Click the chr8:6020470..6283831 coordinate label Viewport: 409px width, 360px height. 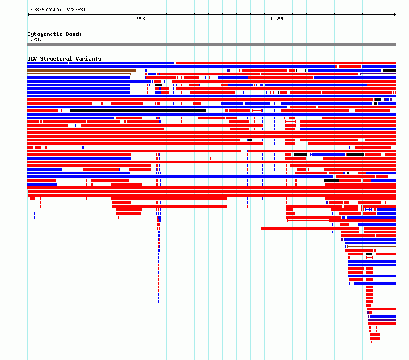[57, 10]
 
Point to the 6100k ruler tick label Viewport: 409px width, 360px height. [138, 18]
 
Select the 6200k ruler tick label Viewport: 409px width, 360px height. [278, 18]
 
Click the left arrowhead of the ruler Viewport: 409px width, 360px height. [28, 15]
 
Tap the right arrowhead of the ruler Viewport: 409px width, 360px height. [395, 15]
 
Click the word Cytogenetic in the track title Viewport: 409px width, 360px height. [45, 34]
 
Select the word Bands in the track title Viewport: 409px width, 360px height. [74, 34]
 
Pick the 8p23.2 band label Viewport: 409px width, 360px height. [36, 39]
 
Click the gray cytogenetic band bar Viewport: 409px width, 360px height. [211, 45]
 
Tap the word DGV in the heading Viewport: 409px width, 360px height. [32, 59]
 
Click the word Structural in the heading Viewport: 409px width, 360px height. [56, 59]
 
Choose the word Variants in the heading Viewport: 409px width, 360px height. [88, 59]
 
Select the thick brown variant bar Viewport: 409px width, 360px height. [82, 70]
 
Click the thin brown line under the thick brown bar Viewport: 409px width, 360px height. [79, 74]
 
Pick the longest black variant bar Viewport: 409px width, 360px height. [138, 111]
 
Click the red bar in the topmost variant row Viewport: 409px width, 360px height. [286, 63]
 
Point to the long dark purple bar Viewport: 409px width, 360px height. [382, 320]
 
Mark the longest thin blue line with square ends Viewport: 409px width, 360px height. [216, 147]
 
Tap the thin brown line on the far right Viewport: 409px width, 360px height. [372, 246]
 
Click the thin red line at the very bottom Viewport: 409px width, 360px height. [384, 342]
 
